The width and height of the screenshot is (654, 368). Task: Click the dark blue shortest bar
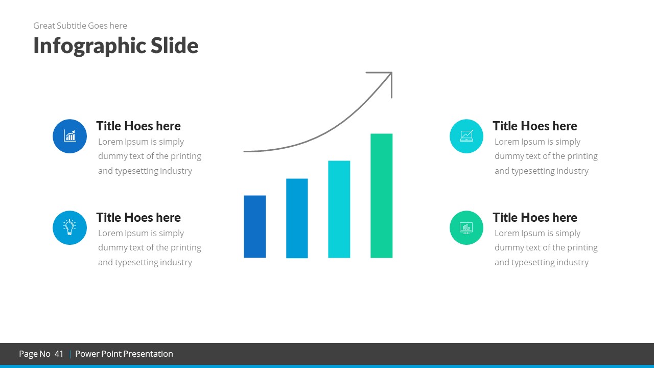click(254, 226)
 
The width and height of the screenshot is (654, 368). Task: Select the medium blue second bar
click(297, 218)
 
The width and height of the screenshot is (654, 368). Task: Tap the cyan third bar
click(339, 209)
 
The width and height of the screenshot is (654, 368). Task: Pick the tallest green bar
click(381, 196)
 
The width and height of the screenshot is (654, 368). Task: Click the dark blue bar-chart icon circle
click(69, 136)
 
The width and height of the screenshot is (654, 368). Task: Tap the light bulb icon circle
click(69, 227)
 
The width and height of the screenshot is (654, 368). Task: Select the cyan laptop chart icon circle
click(466, 136)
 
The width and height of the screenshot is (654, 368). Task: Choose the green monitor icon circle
click(466, 227)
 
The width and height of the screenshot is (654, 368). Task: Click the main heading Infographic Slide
click(116, 45)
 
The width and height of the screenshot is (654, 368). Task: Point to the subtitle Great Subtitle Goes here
click(80, 26)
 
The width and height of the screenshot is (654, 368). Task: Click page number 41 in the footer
click(59, 354)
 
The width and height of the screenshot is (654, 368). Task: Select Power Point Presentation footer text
click(124, 354)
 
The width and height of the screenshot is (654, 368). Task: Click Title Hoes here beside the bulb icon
click(138, 217)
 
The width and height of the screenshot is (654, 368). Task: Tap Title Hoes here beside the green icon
click(534, 217)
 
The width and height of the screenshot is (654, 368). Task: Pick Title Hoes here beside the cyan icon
click(534, 126)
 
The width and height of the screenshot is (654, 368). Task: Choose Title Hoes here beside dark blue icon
click(138, 126)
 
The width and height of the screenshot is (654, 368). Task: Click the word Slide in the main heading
click(174, 45)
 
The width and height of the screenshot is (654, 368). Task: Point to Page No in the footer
click(35, 354)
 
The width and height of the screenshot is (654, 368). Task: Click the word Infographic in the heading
click(89, 46)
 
